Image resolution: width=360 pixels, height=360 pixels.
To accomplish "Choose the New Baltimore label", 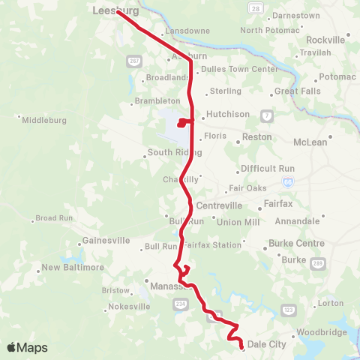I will (x=73, y=267).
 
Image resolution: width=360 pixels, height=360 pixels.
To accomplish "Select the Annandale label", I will (x=298, y=221).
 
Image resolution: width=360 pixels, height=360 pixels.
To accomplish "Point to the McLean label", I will (x=310, y=142).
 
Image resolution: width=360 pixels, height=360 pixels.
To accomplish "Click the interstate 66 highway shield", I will (x=289, y=181).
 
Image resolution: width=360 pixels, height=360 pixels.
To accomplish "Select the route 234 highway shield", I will (x=179, y=303).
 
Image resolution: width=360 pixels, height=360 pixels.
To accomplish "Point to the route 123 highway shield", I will (x=288, y=308).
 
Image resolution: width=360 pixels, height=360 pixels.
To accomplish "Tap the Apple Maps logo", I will (x=27, y=347).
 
